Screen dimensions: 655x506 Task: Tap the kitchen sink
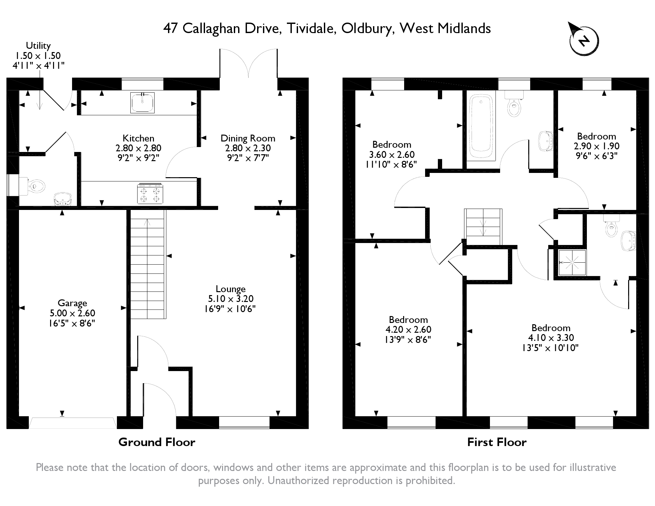tap(142, 103)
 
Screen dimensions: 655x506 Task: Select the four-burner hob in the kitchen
tap(150, 194)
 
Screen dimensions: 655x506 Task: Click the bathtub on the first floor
tap(481, 126)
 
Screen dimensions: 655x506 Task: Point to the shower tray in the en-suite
tap(572, 262)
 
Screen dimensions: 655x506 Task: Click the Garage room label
tap(72, 303)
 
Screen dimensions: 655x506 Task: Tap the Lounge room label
tap(231, 289)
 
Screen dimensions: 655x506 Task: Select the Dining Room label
tap(248, 138)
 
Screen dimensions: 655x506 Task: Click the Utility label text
tap(38, 46)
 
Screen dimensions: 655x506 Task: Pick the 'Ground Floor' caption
tap(157, 442)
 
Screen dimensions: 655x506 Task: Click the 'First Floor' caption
tap(496, 442)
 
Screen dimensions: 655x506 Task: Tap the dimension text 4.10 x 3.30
tap(551, 337)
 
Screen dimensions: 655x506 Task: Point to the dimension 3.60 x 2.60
tap(392, 154)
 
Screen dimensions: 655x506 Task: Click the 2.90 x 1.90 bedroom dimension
tap(596, 146)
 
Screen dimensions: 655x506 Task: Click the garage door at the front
tap(72, 422)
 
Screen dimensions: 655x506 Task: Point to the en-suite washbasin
tap(628, 241)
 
